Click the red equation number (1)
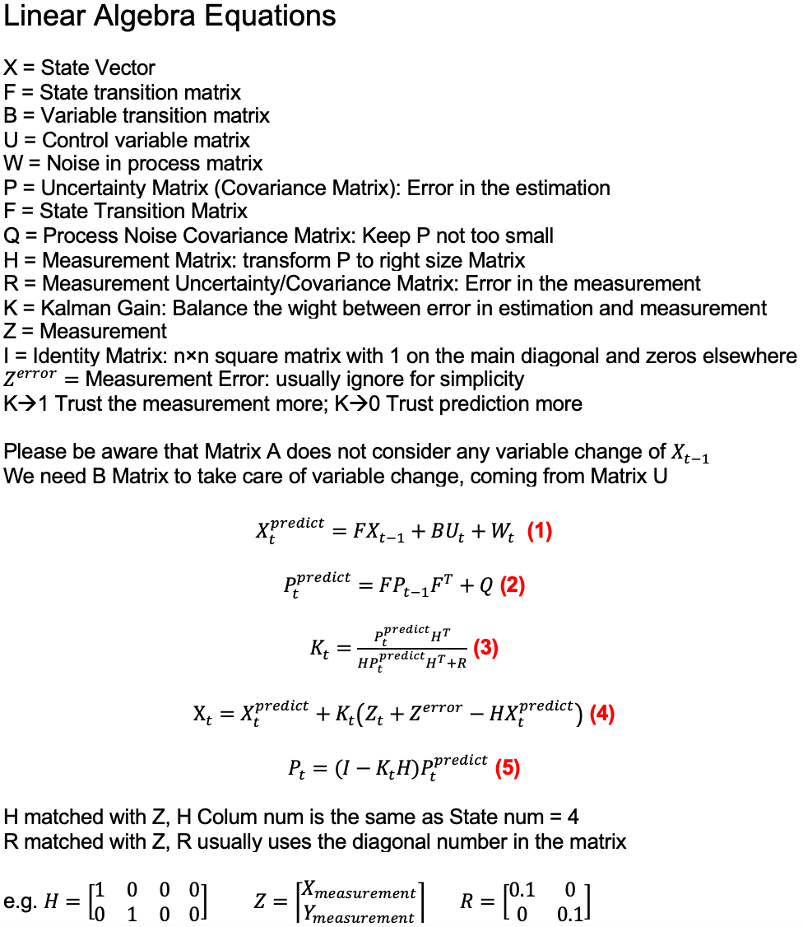(x=539, y=532)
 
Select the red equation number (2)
(x=512, y=585)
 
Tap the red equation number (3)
(x=485, y=649)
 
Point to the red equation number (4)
(x=602, y=713)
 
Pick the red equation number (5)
(x=507, y=768)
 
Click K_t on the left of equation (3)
(x=319, y=650)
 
